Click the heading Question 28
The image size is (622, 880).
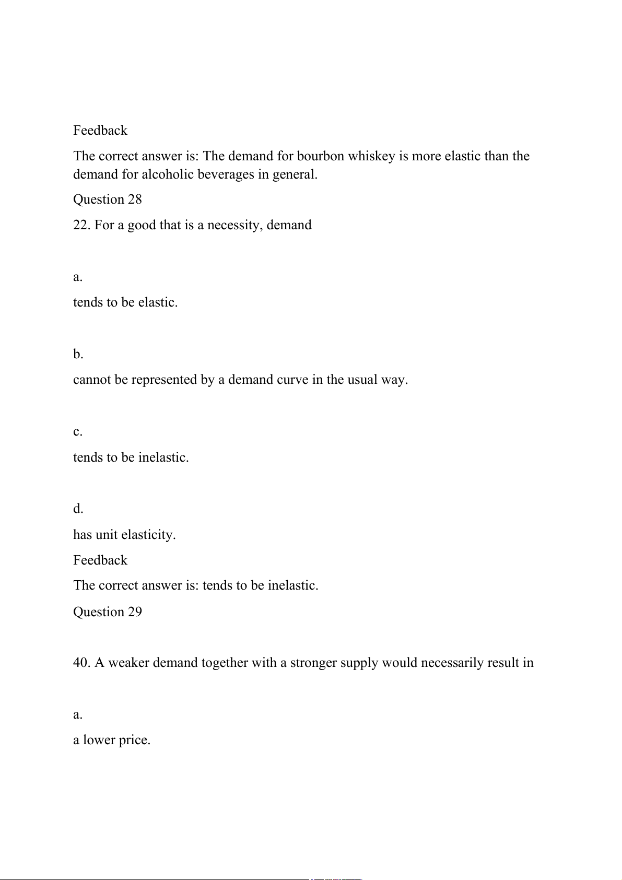107,200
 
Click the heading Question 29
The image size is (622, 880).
107,612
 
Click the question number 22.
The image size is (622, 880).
82,225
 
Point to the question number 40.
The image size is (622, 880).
82,663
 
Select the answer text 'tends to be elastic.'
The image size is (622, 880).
125,302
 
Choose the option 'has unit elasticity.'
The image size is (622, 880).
124,535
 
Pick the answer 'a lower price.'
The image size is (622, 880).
112,740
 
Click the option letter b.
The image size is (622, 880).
78,354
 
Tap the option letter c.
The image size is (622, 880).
77,432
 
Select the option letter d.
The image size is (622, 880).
78,509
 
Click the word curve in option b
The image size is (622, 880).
292,380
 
